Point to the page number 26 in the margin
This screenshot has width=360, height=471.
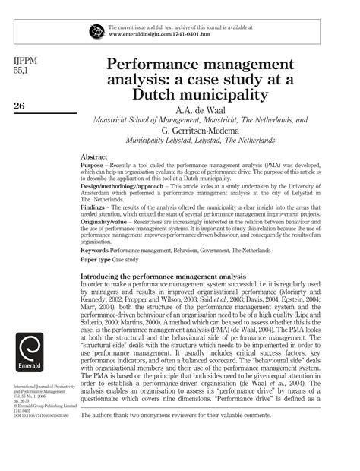click(x=21, y=106)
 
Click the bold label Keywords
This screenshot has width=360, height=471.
click(x=97, y=270)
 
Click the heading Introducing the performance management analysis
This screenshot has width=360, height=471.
click(x=163, y=297)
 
